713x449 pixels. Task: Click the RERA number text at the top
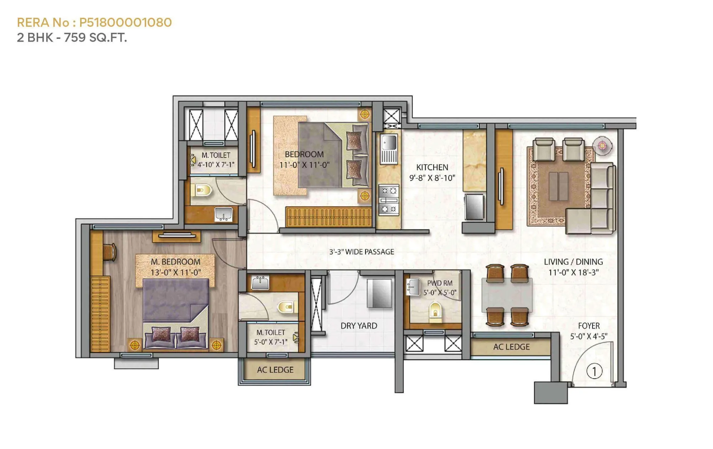pyautogui.click(x=94, y=22)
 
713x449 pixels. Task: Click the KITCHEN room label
pyautogui.click(x=432, y=167)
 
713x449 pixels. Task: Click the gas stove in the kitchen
pyautogui.click(x=388, y=200)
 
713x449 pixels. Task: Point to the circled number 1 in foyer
pyautogui.click(x=594, y=371)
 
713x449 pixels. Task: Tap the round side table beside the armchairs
pyautogui.click(x=602, y=145)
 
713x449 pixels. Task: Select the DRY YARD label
pyautogui.click(x=359, y=326)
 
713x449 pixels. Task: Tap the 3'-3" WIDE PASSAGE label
pyautogui.click(x=361, y=252)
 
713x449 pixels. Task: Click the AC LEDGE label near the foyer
pyautogui.click(x=511, y=347)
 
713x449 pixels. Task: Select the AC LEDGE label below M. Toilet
pyautogui.click(x=275, y=370)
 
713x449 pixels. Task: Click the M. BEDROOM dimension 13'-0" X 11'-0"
pyautogui.click(x=175, y=273)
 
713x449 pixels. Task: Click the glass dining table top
pyautogui.click(x=507, y=295)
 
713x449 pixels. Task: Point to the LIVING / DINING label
pyautogui.click(x=573, y=262)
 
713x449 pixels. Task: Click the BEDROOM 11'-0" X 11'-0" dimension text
pyautogui.click(x=304, y=165)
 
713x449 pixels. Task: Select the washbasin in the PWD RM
pyautogui.click(x=414, y=287)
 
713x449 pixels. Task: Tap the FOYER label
pyautogui.click(x=589, y=326)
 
